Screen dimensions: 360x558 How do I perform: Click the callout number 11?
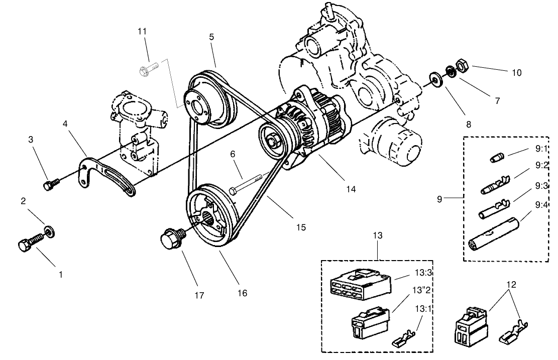click(x=142, y=31)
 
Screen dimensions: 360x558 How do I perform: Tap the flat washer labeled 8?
click(x=433, y=79)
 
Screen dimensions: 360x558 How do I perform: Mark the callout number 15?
click(x=300, y=227)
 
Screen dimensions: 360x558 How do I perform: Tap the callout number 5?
click(x=211, y=37)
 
